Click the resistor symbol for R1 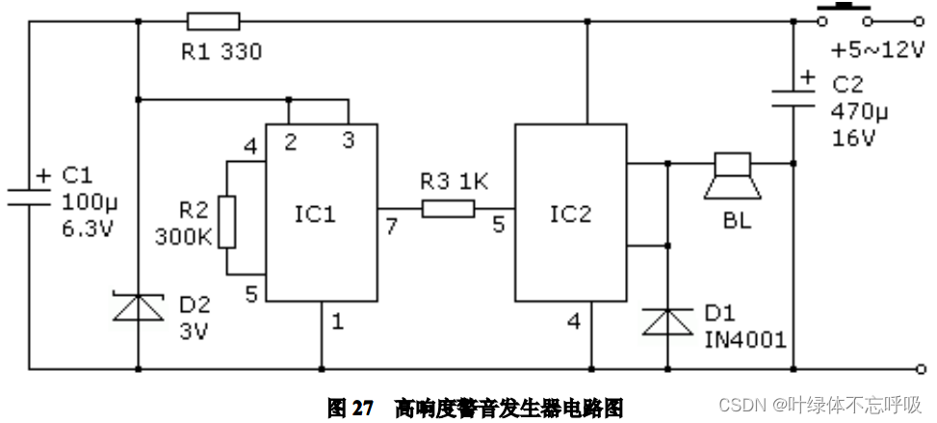tap(213, 21)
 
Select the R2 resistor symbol tap(225, 222)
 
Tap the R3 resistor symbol tap(448, 208)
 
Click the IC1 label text tap(315, 214)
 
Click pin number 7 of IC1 tap(389, 226)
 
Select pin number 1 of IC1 tap(337, 321)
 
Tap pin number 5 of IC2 tap(498, 226)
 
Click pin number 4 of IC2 tap(574, 322)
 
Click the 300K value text tap(183, 237)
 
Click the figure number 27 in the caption tap(362, 409)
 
